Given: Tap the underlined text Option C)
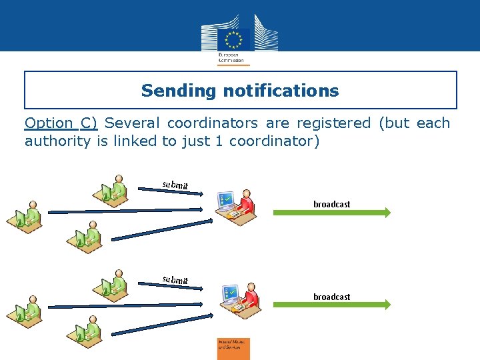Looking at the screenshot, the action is point(61,123).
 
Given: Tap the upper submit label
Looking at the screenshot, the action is point(175,185).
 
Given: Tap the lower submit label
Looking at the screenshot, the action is point(175,279).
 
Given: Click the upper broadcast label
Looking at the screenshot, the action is point(331,204).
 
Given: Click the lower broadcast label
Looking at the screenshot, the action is point(331,297).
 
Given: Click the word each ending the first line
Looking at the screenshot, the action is point(433,123).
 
